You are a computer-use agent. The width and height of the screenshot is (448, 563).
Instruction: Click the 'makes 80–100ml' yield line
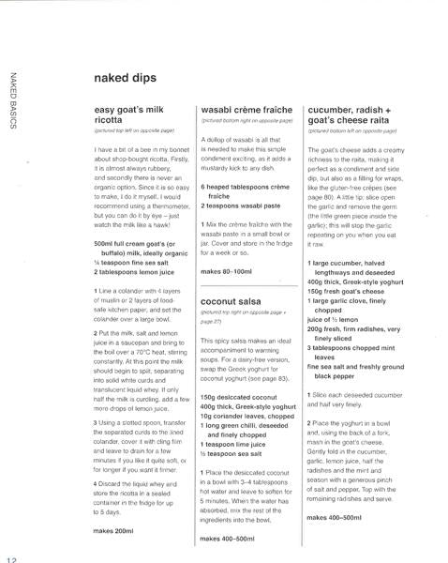[228, 271]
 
